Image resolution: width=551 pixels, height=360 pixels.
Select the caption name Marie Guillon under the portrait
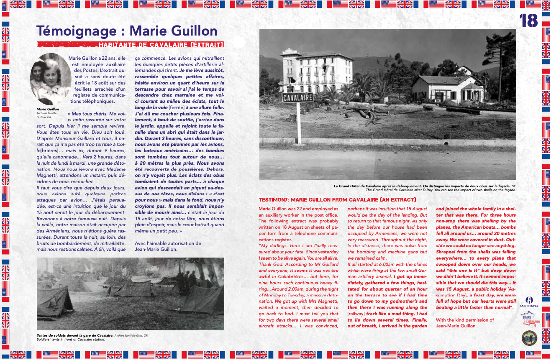coord(48,109)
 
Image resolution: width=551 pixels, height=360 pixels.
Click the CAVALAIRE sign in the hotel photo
coord(298,98)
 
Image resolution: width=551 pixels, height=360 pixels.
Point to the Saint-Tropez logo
coord(530,301)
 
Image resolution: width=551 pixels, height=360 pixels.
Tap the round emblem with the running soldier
coord(530,337)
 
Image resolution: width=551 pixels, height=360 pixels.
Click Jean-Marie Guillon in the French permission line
coord(156,249)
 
